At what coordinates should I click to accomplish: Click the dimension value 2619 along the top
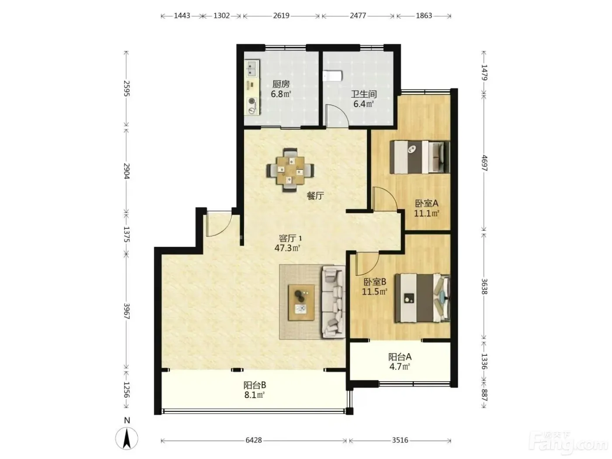pyautogui.click(x=281, y=16)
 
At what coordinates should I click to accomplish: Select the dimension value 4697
pyautogui.click(x=484, y=163)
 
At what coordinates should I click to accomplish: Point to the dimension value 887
pyautogui.click(x=484, y=395)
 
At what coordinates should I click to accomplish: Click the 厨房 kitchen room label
pyautogui.click(x=281, y=84)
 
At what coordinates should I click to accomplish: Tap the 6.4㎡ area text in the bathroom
pyautogui.click(x=364, y=104)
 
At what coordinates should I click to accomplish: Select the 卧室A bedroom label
pyautogui.click(x=427, y=203)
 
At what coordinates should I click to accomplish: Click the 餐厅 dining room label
pyautogui.click(x=315, y=196)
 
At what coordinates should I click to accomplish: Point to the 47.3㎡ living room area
pyautogui.click(x=287, y=248)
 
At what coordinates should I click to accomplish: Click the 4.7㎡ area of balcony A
pyautogui.click(x=400, y=366)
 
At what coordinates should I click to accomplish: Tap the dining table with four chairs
pyautogui.click(x=290, y=170)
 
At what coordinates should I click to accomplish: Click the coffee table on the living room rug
pyautogui.click(x=301, y=303)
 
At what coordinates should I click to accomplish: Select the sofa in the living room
pyautogui.click(x=334, y=302)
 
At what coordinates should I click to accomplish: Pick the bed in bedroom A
pyautogui.click(x=420, y=157)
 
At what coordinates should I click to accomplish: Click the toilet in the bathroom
pyautogui.click(x=332, y=76)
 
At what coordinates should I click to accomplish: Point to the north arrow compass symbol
pyautogui.click(x=127, y=438)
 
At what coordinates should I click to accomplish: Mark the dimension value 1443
pyautogui.click(x=182, y=16)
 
